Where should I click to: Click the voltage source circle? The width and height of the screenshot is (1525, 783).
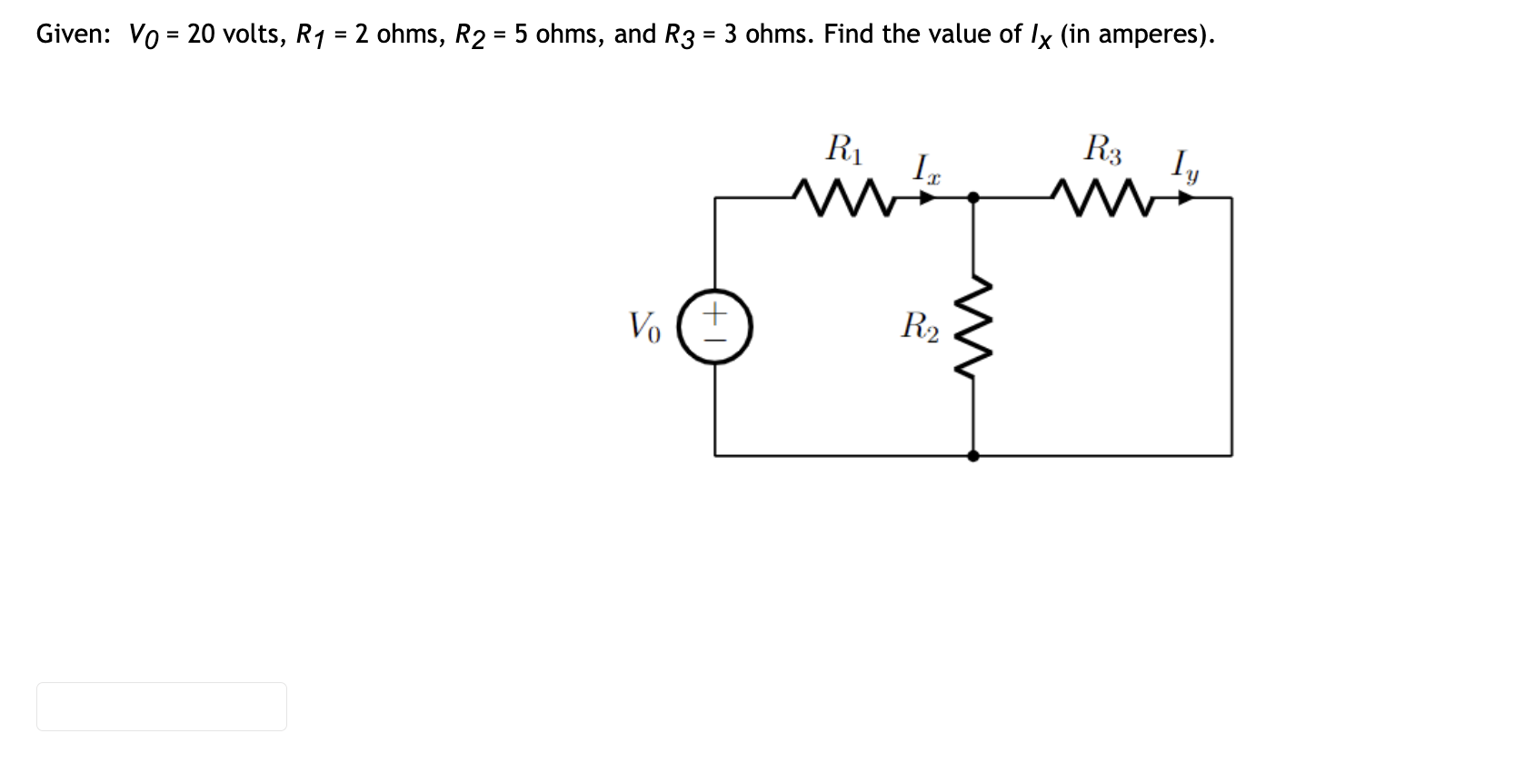pos(716,326)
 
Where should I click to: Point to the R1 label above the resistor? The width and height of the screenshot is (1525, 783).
pos(843,147)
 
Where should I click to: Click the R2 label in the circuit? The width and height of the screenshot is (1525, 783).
pos(920,324)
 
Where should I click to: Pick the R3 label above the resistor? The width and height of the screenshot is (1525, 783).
pos(1102,148)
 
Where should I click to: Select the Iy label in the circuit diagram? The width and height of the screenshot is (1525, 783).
pos(1184,167)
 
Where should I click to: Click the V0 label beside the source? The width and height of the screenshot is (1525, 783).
pos(644,325)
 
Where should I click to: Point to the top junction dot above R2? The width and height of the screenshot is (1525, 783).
pos(973,196)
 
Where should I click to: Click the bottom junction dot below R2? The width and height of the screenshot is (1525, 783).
pos(973,455)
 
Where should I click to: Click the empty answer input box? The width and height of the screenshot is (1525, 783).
pos(162,707)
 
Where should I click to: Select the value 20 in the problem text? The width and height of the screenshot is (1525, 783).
pos(200,35)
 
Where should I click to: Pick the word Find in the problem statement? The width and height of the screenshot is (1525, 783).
pos(849,35)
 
